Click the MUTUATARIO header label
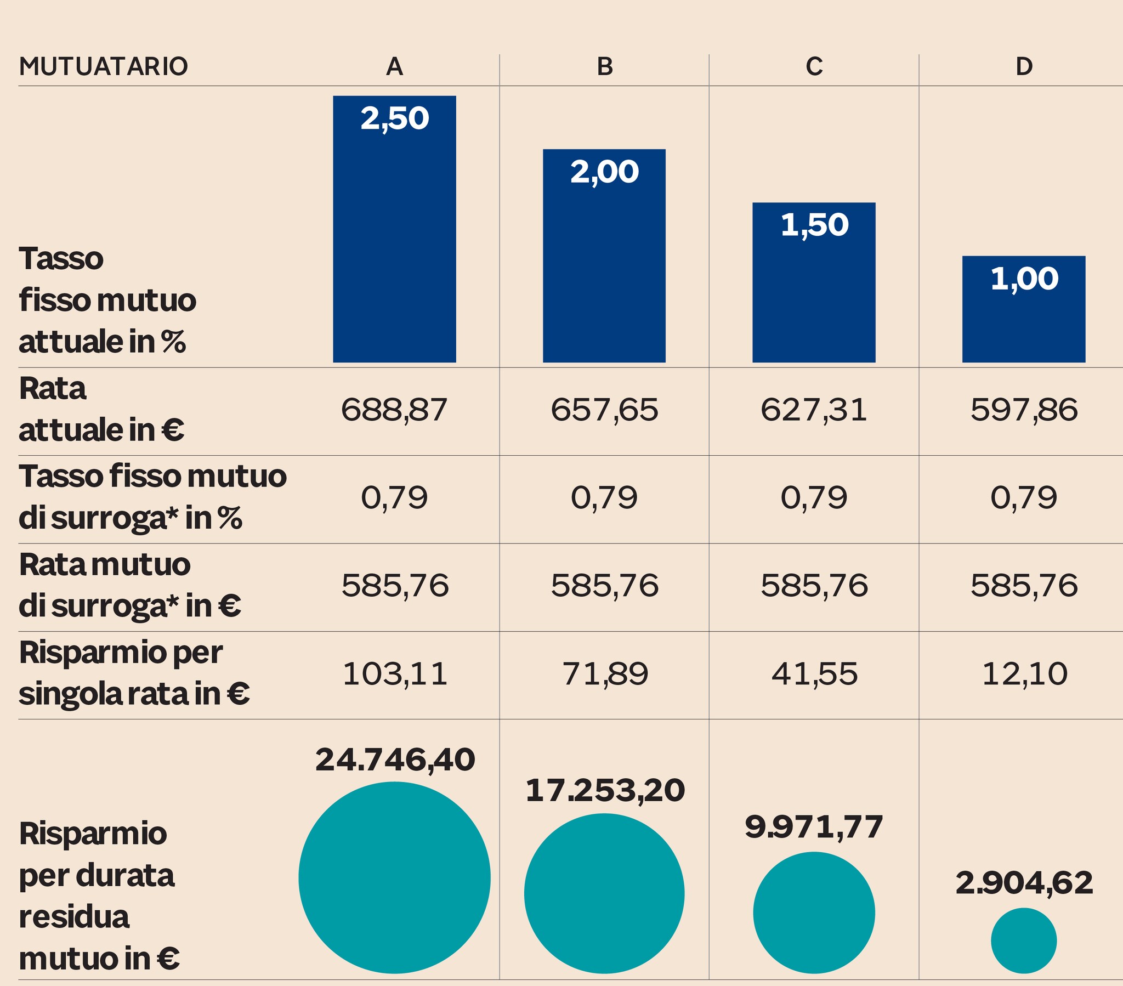click(103, 66)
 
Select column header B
click(604, 66)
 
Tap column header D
click(1024, 66)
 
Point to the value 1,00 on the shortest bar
click(1024, 279)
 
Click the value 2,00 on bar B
click(604, 172)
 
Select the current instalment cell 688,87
click(394, 410)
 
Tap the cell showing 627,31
click(814, 410)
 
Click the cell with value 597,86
click(1024, 410)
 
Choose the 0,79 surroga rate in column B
click(604, 498)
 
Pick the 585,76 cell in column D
click(1024, 585)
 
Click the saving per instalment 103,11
click(394, 674)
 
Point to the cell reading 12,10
click(1024, 674)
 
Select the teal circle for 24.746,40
click(394, 878)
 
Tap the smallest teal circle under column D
click(1024, 940)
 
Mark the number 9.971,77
click(814, 827)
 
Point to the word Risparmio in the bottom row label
click(93, 834)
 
